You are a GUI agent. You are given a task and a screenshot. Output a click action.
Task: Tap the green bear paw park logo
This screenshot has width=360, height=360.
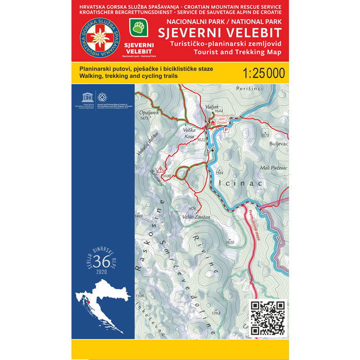[138, 26]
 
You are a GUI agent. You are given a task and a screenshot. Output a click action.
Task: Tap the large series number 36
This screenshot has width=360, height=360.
[101, 261]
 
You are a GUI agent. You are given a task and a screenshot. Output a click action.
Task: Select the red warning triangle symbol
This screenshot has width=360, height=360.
[161, 169]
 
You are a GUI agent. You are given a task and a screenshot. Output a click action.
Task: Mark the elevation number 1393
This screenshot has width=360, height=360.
[215, 313]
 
